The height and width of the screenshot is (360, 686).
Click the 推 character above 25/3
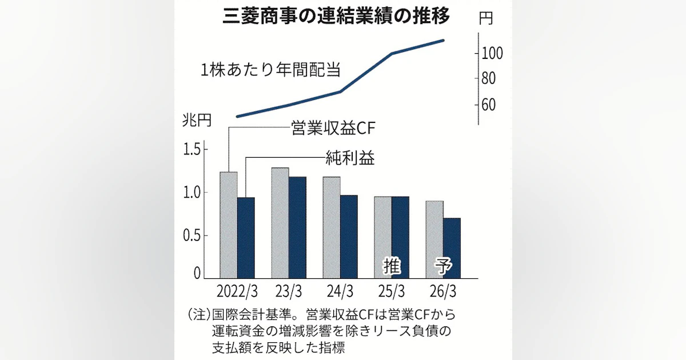[x=392, y=266]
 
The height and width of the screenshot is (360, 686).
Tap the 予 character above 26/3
[x=443, y=266]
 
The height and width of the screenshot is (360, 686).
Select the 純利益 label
[x=350, y=158]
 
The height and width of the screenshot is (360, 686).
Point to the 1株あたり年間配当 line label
[x=270, y=71]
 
